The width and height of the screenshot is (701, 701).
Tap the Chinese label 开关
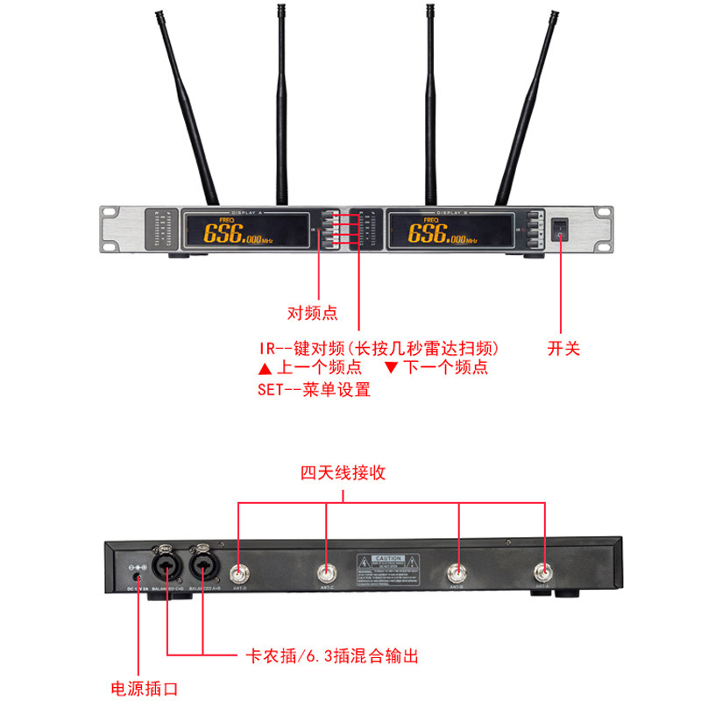pyautogui.click(x=564, y=348)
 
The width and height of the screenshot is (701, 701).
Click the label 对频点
pyautogui.click(x=313, y=313)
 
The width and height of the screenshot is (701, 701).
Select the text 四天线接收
pyautogui.click(x=343, y=473)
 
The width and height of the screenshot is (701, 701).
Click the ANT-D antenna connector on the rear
pyautogui.click(x=239, y=574)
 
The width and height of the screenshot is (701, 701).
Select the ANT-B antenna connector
pyautogui.click(x=457, y=574)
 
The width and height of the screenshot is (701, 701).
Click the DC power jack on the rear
pyautogui.click(x=137, y=577)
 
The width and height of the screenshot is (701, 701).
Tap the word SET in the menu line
pyautogui.click(x=273, y=390)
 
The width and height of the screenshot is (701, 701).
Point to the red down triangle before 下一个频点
pyautogui.click(x=391, y=368)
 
